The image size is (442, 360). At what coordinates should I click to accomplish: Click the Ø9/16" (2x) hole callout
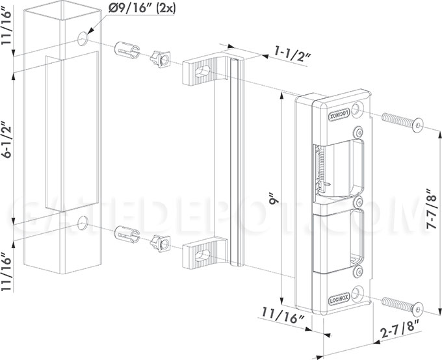pos(142,8)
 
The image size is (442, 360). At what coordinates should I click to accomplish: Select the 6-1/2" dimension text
pos(6,140)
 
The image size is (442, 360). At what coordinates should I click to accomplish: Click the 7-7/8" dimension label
pos(432,209)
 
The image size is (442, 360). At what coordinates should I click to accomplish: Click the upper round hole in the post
pos(83,38)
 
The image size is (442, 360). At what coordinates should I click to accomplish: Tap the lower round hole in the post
pos(83,223)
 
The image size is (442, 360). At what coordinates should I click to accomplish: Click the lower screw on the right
pos(402,305)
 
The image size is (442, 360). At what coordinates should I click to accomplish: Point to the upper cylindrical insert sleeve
pos(127,50)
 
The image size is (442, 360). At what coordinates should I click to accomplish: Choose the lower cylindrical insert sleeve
pos(127,234)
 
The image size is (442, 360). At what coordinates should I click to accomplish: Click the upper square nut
pos(161,59)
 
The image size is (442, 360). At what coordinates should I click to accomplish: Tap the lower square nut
pos(161,244)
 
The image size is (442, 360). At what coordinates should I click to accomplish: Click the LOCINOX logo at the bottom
pos(339,300)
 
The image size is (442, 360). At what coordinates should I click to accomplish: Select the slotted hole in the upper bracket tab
pos(203,71)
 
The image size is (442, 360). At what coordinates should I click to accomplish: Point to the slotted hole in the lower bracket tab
pos(203,255)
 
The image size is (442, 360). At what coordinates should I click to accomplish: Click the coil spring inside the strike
pos(320,167)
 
